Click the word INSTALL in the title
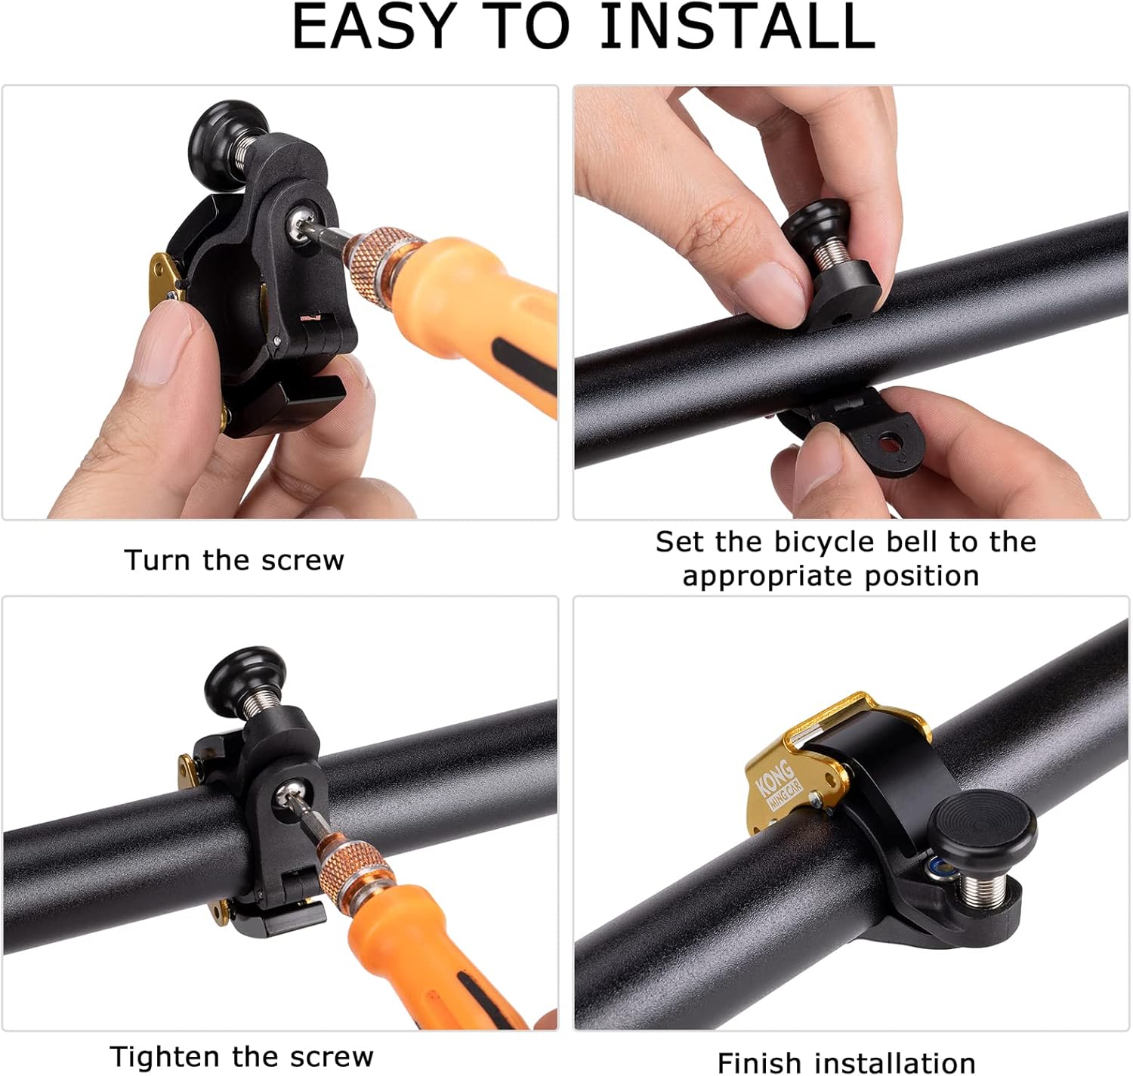(738, 27)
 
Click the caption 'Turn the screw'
(234, 560)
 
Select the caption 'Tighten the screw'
(242, 1057)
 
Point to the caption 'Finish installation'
(846, 1062)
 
